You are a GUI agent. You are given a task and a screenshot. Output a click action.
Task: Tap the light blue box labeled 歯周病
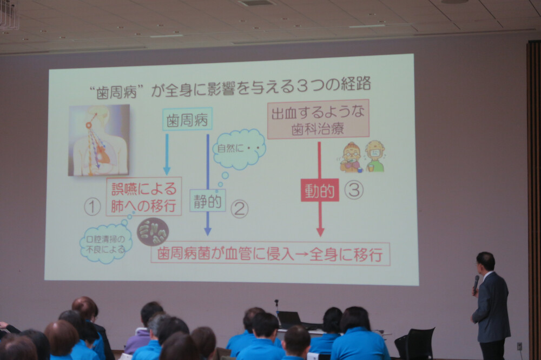[x=187, y=119]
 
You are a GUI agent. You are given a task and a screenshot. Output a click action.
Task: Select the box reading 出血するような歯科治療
[x=318, y=119]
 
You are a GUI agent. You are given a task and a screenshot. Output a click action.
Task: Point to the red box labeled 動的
[x=320, y=190]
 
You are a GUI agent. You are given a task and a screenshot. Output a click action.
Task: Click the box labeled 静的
[x=207, y=201]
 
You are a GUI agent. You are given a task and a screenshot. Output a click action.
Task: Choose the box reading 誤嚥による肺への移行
[x=143, y=197]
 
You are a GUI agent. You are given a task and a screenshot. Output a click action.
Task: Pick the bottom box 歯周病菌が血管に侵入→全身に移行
[x=270, y=254]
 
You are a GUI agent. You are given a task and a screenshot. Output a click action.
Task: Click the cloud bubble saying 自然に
[x=239, y=148]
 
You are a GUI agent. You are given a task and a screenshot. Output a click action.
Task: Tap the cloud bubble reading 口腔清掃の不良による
[x=105, y=244]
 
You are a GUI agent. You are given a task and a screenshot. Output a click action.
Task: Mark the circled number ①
[x=92, y=207]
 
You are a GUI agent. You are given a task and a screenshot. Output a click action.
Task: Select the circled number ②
[x=239, y=209]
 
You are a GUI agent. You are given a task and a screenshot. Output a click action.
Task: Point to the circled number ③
[x=354, y=190]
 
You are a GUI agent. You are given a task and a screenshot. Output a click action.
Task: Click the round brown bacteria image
[x=153, y=232]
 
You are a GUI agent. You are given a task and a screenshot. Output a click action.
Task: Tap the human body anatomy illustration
[x=98, y=140]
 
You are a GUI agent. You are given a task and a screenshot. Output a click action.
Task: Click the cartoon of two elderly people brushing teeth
[x=362, y=157]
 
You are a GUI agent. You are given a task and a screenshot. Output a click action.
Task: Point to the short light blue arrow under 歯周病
[x=167, y=154]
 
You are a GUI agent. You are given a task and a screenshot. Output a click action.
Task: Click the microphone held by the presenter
[x=476, y=283]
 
